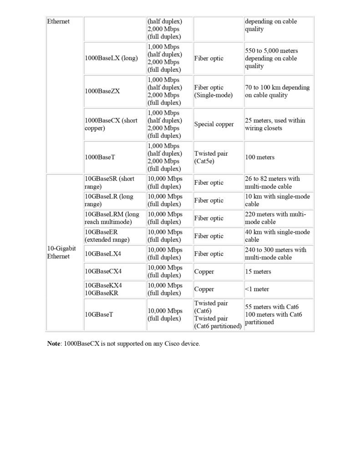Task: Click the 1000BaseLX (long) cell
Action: point(111,58)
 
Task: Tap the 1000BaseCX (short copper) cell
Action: point(111,124)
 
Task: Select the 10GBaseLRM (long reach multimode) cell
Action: point(112,218)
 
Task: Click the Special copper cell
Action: point(214,124)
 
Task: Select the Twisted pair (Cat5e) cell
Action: point(211,157)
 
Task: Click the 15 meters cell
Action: point(258,272)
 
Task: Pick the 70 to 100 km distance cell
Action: point(277,91)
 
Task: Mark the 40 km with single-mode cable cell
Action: point(277,236)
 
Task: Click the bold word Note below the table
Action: point(54,344)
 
